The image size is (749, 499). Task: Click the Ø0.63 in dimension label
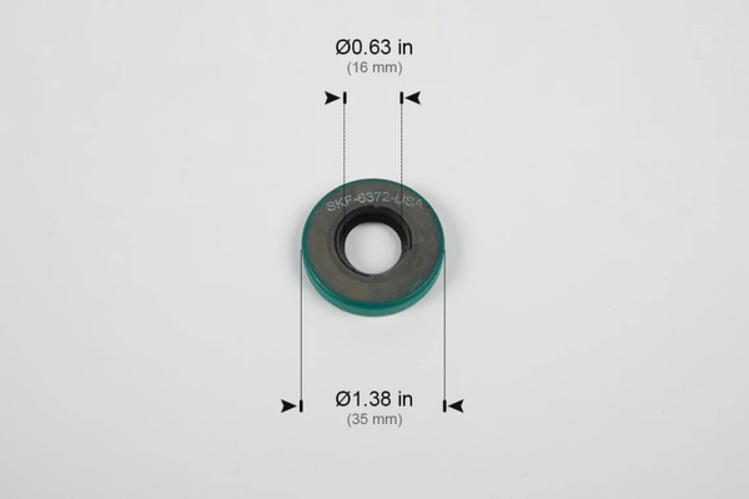point(374,47)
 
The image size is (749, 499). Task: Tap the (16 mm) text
point(374,68)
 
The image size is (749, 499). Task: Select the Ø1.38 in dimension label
point(374,399)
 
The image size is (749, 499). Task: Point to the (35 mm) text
point(374,420)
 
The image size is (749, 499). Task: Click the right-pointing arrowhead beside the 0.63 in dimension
point(332,98)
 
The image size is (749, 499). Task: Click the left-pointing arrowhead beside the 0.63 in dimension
point(412,98)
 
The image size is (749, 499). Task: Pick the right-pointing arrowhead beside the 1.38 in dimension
point(289,406)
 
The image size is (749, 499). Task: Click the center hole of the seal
point(373,248)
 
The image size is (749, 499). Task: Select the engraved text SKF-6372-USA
point(374,200)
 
